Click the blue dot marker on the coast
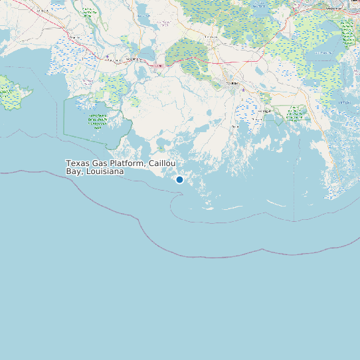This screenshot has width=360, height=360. tap(179, 179)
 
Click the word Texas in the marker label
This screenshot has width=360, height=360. tap(77, 163)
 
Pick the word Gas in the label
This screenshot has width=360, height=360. tap(98, 163)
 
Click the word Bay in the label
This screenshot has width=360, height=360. tap(73, 171)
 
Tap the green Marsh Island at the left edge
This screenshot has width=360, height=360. tap(9, 92)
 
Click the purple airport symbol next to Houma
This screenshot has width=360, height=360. tap(243, 89)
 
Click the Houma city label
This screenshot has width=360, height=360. tap(232, 84)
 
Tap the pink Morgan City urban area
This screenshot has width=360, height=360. tap(158, 65)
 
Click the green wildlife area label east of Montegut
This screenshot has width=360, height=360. tap(294, 114)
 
